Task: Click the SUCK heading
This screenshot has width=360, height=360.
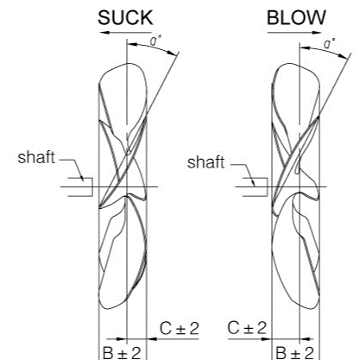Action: pyautogui.click(x=125, y=17)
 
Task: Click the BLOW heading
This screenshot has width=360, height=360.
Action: pyautogui.click(x=296, y=17)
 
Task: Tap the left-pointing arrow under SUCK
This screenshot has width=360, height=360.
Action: pyautogui.click(x=125, y=33)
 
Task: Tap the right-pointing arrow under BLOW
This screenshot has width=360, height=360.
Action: pyautogui.click(x=294, y=33)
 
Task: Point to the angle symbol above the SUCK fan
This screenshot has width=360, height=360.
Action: pyautogui.click(x=154, y=41)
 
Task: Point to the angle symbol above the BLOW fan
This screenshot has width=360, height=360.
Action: pyautogui.click(x=328, y=43)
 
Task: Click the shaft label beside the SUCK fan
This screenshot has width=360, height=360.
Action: pyautogui.click(x=36, y=157)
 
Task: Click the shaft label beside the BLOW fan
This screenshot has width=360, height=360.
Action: pyautogui.click(x=205, y=162)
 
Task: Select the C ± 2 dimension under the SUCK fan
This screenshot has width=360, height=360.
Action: pyautogui.click(x=179, y=328)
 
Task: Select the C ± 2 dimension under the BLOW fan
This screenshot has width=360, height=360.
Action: pyautogui.click(x=247, y=328)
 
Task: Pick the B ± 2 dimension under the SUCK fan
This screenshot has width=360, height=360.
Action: pyautogui.click(x=122, y=353)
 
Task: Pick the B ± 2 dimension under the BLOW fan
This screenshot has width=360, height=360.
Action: pyautogui.click(x=294, y=353)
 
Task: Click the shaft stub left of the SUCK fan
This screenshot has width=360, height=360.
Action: pyautogui.click(x=80, y=187)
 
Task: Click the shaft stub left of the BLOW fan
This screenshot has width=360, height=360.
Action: pyautogui.click(x=256, y=187)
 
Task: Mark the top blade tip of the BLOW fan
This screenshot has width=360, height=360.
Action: pyautogui.click(x=287, y=64)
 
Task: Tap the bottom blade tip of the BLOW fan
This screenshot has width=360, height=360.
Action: pyautogui.click(x=312, y=309)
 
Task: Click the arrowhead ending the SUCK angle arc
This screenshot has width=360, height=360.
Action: pyautogui.click(x=172, y=53)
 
